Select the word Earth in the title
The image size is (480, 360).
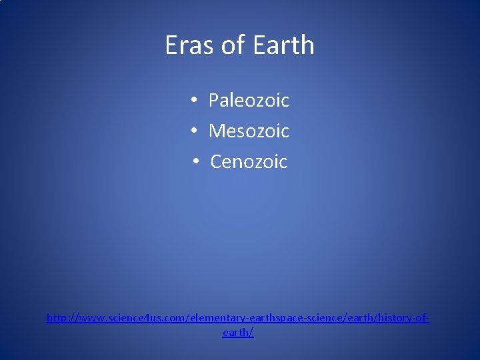coord(283,45)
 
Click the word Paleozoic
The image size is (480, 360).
coord(249,101)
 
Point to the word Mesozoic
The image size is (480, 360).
coord(249,131)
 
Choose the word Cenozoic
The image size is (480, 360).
coord(249,162)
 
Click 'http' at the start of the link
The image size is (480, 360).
coord(57,319)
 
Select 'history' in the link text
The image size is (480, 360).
coord(395,319)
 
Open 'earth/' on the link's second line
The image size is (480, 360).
coord(238,332)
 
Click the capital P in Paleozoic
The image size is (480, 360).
coord(214,101)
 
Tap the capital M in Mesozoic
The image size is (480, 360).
coord(217,131)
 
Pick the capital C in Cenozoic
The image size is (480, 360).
coord(216,162)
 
